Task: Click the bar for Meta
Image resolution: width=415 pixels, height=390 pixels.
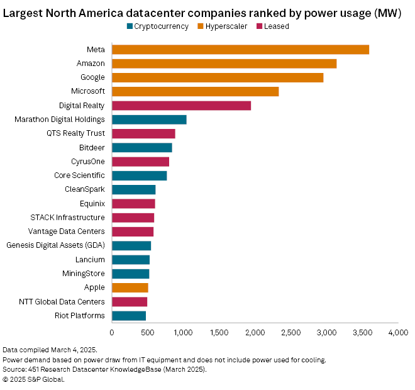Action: click(240, 50)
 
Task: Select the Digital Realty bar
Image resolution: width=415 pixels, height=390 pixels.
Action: click(181, 106)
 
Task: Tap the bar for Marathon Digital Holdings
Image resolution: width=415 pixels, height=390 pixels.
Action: click(149, 120)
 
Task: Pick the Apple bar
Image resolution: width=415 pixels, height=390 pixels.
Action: click(130, 287)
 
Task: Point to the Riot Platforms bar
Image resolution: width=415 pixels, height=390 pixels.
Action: click(129, 316)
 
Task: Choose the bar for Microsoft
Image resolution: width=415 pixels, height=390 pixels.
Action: click(195, 92)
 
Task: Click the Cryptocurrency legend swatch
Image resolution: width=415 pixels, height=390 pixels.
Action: click(130, 26)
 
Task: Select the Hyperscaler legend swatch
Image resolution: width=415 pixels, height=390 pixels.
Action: click(201, 26)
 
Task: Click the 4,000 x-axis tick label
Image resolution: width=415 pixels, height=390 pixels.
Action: click(397, 332)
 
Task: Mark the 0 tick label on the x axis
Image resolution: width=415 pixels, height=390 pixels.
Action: click(112, 332)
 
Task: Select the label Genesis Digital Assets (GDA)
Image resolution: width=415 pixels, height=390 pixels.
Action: click(55, 245)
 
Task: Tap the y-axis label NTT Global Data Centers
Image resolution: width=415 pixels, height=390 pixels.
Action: click(62, 302)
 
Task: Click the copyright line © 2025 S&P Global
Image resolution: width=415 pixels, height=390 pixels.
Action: click(33, 379)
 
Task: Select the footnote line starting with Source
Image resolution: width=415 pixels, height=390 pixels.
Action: click(104, 369)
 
